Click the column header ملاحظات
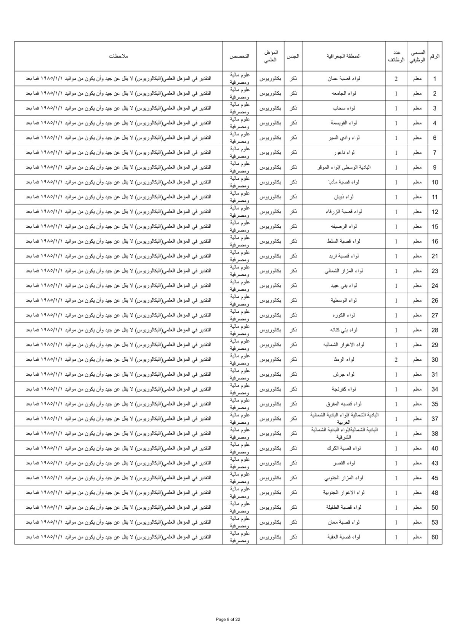118,56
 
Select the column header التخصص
239,56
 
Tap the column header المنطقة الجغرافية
343,56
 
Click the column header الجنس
293,56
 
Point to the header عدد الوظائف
396,56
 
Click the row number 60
435,537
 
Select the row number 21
435,256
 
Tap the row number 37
435,419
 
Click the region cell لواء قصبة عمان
344,79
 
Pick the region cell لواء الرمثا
344,360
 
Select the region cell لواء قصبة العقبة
344,537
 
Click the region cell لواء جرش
344,374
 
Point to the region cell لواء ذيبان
344,197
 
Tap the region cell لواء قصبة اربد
344,256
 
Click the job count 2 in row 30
396,360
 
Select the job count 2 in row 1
396,79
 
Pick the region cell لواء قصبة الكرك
344,449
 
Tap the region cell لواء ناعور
344,153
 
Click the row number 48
435,493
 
